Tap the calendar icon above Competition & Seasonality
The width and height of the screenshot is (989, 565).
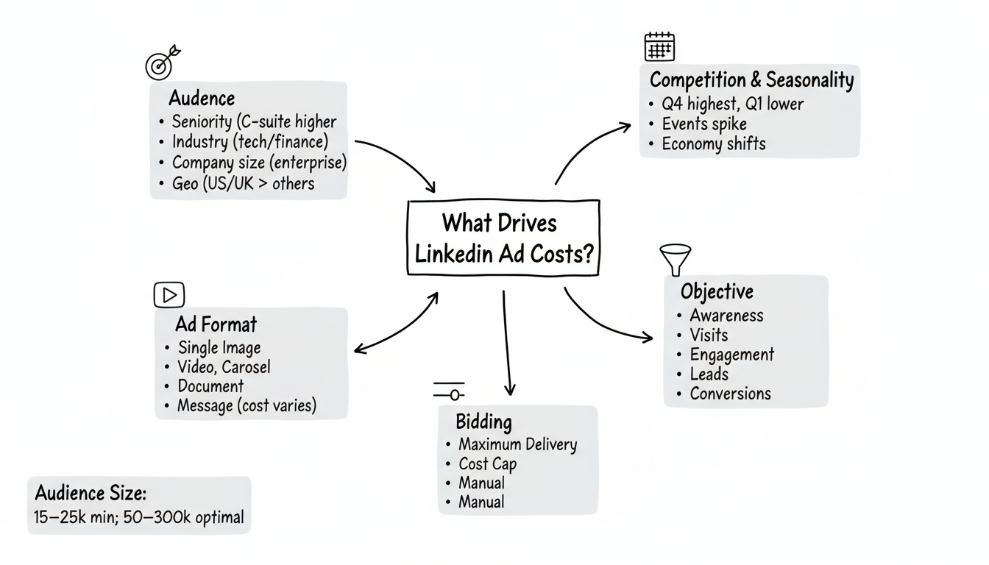pyautogui.click(x=659, y=46)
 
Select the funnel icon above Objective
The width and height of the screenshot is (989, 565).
pyautogui.click(x=675, y=258)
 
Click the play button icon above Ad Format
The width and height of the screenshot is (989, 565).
pyautogui.click(x=169, y=295)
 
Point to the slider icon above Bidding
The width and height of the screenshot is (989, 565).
pyautogui.click(x=449, y=391)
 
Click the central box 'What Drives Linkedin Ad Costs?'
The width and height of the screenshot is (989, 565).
pyautogui.click(x=503, y=237)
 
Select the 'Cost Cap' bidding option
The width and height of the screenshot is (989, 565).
pyautogui.click(x=487, y=464)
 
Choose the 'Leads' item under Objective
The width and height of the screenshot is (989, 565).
pyautogui.click(x=709, y=374)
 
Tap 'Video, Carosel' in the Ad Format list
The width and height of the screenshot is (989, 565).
pyautogui.click(x=224, y=366)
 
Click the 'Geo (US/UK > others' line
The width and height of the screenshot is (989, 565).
pyautogui.click(x=243, y=183)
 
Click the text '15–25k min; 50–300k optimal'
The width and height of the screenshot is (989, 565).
pyautogui.click(x=139, y=517)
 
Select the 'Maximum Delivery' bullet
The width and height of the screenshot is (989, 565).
pyautogui.click(x=517, y=444)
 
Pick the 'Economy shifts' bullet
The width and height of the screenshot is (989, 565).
pyautogui.click(x=713, y=143)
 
